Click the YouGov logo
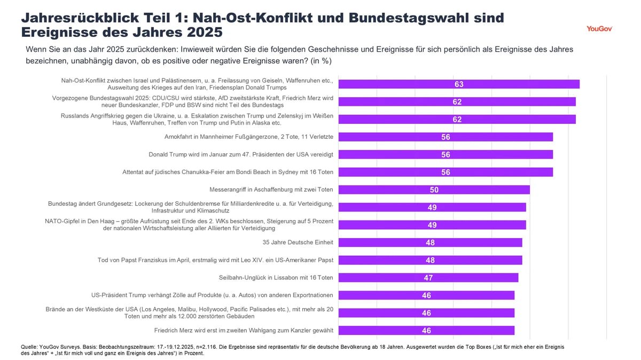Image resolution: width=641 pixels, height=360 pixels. point(599,28)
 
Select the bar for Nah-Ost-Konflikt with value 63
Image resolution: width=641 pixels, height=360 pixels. point(459,84)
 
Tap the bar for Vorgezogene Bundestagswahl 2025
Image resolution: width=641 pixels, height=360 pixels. point(457,101)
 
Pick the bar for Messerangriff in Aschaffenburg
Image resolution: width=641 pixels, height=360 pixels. point(434,190)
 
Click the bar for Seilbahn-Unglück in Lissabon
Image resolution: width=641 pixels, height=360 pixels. point(428,278)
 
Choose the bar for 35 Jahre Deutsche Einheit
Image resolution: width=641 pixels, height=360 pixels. point(430,242)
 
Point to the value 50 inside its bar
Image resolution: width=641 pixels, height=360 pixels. point(434,190)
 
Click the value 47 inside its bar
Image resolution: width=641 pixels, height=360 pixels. point(428,278)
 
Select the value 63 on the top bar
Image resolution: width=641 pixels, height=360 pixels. point(459,84)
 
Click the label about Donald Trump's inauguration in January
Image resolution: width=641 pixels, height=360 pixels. point(240,154)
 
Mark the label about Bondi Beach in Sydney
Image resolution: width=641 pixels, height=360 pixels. point(228,172)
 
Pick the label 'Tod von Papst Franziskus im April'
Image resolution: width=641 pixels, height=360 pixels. point(215,260)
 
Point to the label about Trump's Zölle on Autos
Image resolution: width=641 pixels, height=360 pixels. point(212,295)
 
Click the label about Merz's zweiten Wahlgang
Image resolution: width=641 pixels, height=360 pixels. point(244,330)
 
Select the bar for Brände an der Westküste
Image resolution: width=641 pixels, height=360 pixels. point(426,313)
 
